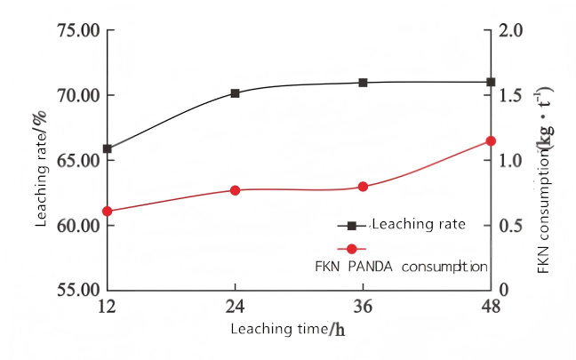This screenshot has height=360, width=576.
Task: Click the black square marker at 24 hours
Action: coord(235,93)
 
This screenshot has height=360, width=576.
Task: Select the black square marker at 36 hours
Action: coord(363,83)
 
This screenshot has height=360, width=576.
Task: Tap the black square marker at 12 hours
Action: coord(108,148)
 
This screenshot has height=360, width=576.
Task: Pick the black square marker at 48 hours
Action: coord(491,82)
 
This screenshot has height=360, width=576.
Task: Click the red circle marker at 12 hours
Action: coord(108,212)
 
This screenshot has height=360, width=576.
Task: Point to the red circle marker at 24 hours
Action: coord(235,190)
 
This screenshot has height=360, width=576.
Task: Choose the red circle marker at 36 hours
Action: coord(363,187)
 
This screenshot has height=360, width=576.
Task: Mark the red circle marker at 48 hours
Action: coord(491,141)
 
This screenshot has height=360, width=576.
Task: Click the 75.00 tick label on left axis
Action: coord(78,30)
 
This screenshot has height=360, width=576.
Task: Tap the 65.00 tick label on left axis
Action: coord(78,161)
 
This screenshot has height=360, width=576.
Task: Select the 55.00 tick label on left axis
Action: coord(78,290)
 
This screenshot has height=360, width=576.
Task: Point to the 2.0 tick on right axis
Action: coord(510,30)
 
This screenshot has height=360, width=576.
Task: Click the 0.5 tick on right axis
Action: coord(510,225)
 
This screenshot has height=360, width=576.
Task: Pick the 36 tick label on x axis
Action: coord(363,307)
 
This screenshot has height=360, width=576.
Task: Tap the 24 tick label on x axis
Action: coord(235,307)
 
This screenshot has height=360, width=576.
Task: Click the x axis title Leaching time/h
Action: coord(288,329)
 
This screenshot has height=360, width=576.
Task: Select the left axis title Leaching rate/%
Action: coord(41,168)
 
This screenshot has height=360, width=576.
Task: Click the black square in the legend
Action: coord(351,226)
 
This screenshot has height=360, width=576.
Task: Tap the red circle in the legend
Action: coord(351,249)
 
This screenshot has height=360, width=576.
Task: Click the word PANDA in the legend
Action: coord(371,267)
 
